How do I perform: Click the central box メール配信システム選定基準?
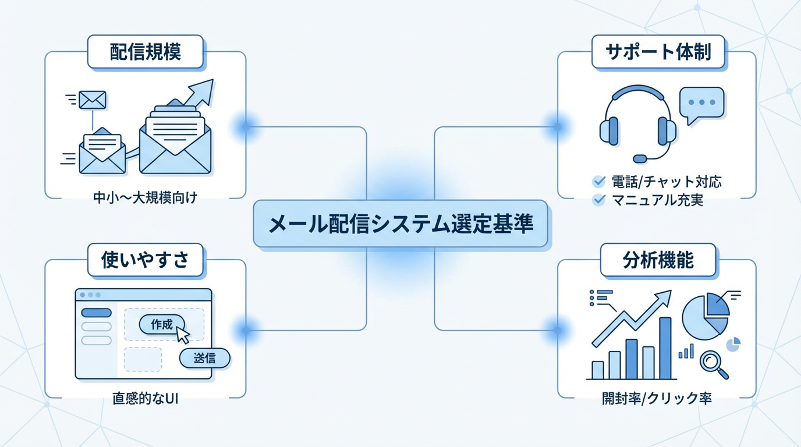click(400, 224)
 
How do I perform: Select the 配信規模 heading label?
click(146, 52)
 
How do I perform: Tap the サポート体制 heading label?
click(658, 52)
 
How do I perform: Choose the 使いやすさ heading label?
click(146, 260)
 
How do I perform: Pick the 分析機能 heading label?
click(658, 260)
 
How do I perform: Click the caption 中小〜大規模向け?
click(146, 198)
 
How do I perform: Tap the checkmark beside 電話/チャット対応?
click(598, 182)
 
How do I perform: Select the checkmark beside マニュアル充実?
click(598, 200)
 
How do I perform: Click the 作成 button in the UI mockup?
click(162, 325)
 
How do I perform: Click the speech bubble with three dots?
click(702, 104)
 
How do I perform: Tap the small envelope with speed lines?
click(93, 100)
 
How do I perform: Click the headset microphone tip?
click(640, 158)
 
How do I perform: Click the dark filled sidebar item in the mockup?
click(96, 313)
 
